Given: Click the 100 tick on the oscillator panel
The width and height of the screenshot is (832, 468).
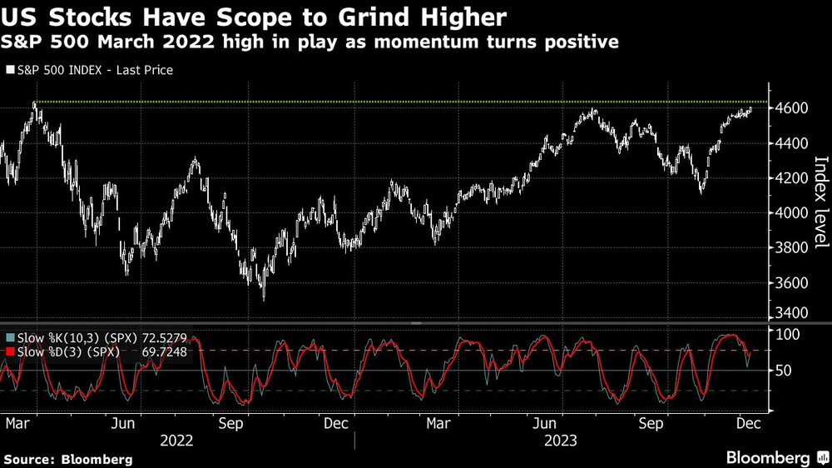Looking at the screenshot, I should tap(788, 334).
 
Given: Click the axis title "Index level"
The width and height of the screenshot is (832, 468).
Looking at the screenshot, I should tap(820, 202).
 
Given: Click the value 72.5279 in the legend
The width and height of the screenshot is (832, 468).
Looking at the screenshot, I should tap(164, 339).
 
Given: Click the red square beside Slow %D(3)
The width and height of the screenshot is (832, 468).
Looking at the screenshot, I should tap(9, 353).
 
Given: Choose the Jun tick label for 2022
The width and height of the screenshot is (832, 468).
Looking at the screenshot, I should tap(123, 424).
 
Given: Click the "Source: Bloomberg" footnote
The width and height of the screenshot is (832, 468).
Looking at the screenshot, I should tap(67, 459).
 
